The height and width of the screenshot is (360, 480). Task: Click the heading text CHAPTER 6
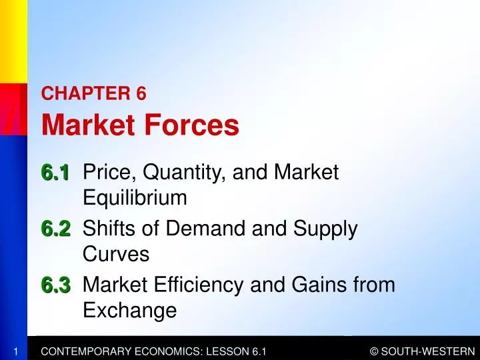click(x=93, y=94)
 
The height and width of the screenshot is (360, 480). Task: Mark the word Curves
click(x=116, y=255)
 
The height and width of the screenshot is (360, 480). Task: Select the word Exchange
click(x=130, y=311)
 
